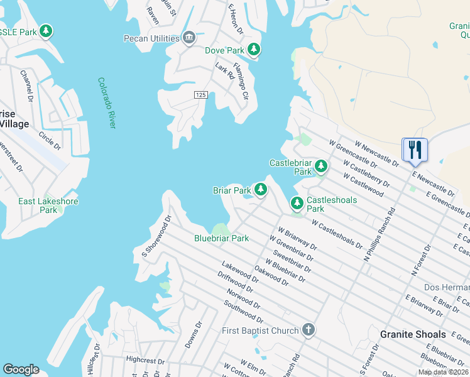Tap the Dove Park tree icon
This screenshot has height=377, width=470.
253,50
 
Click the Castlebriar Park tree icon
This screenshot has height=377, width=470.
321,167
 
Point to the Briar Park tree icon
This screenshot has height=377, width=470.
260,190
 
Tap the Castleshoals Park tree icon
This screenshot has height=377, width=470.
297,203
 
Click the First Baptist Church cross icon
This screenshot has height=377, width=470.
308,330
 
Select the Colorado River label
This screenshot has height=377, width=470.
107,103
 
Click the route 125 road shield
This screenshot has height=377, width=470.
200,94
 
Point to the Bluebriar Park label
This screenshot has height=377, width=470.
222,238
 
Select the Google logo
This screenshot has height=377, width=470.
21,369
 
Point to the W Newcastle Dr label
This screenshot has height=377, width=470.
376,153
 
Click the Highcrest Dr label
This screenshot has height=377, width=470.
145,359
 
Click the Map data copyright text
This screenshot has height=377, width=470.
444,372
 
